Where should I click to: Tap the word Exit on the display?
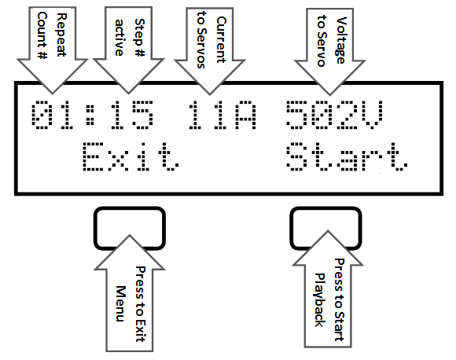131,156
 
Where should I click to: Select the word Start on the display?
347,156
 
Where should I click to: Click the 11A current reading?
222,115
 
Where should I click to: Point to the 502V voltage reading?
334,115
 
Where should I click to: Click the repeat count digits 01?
53,115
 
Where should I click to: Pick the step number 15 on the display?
131,115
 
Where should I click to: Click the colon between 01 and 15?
90,115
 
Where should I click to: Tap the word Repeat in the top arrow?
61,35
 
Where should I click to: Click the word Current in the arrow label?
221,40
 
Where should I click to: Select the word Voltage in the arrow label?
341,40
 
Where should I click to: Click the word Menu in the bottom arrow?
121,303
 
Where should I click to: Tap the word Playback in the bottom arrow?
320,300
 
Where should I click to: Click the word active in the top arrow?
120,38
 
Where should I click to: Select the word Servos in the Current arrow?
201,48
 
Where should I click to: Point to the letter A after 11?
246,115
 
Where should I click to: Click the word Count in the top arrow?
42,31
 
